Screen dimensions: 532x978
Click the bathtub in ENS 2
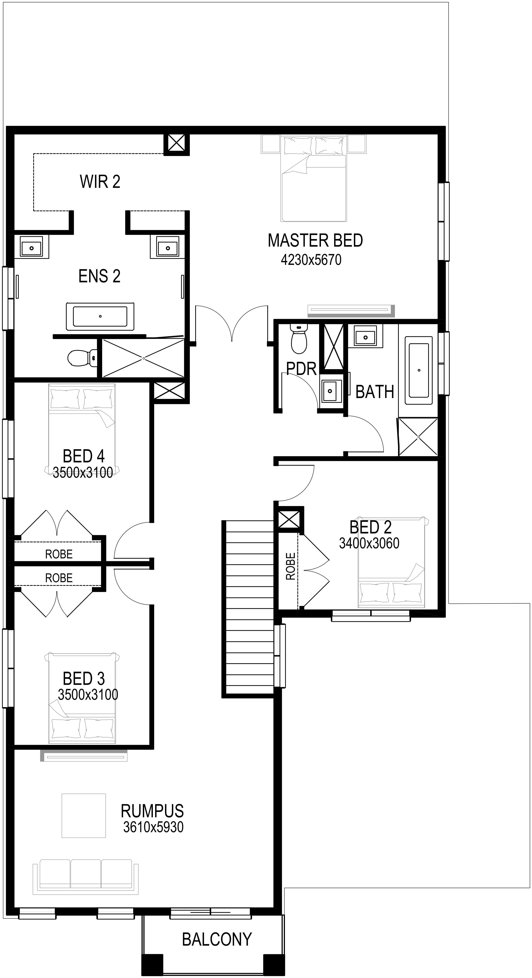(x=100, y=316)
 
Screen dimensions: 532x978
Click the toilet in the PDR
(x=299, y=338)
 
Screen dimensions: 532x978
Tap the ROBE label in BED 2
(x=291, y=566)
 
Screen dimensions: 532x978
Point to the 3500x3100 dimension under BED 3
(x=88, y=694)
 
